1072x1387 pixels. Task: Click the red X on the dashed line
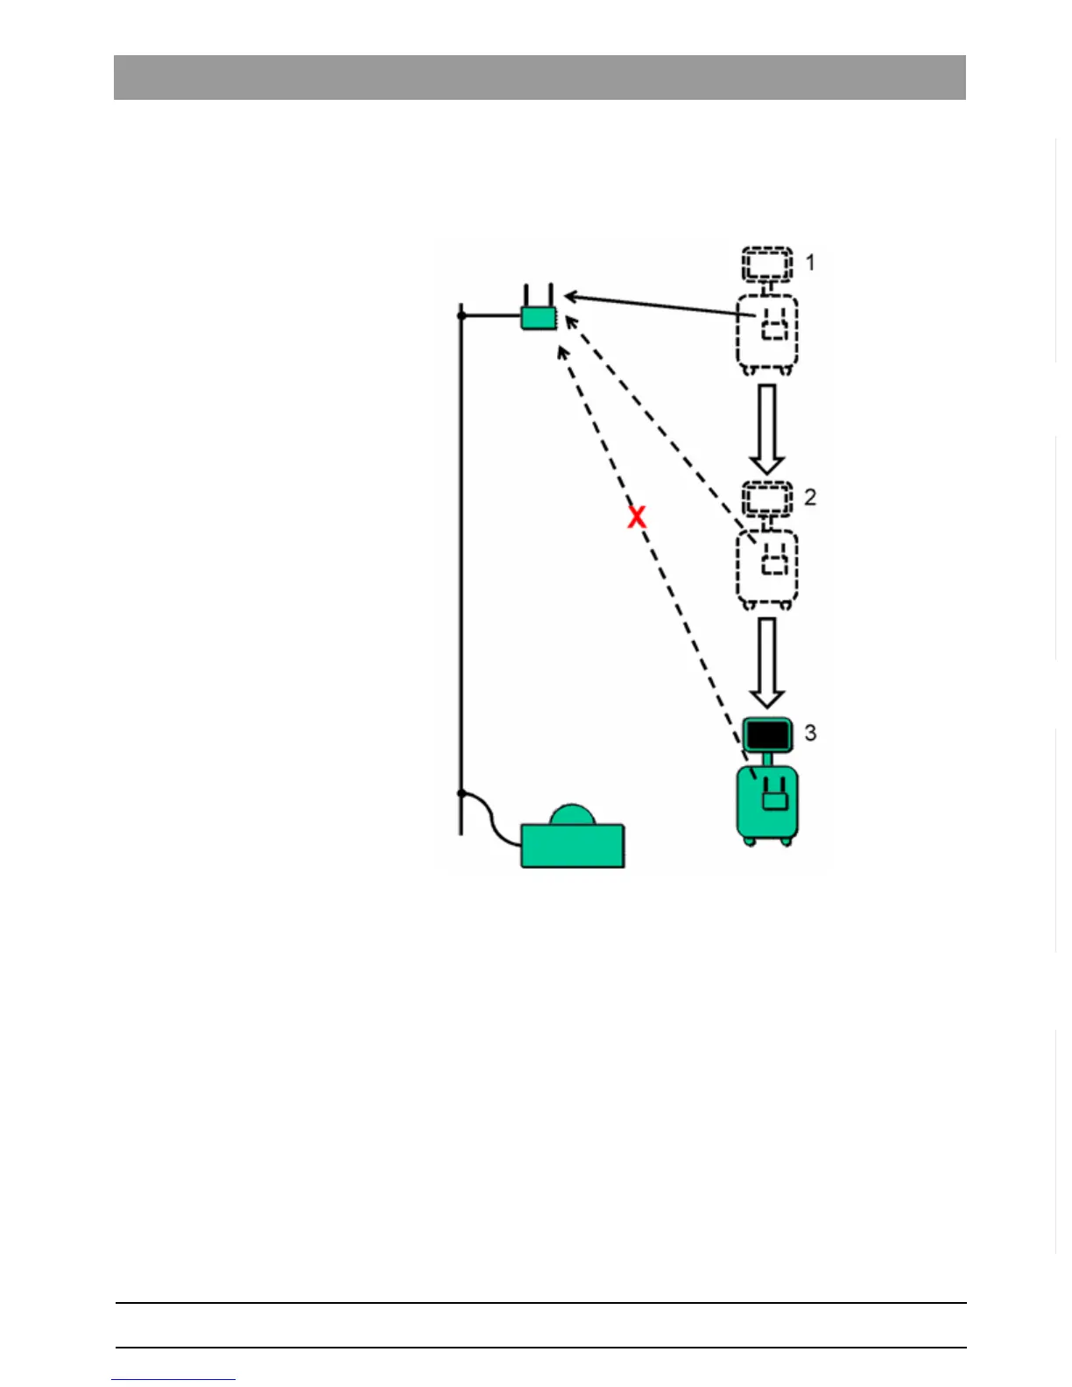tap(637, 517)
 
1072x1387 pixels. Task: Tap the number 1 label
tap(810, 262)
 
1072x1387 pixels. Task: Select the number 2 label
tap(810, 496)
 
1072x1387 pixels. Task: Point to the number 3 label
tap(810, 732)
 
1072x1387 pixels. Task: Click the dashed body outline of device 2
tap(767, 567)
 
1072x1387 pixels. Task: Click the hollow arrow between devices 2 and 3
tap(767, 662)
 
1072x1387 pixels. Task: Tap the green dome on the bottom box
tap(573, 815)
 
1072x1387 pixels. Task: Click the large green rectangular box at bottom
tap(573, 846)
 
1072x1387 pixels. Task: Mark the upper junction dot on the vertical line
tap(462, 315)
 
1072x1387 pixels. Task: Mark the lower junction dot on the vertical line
tap(462, 793)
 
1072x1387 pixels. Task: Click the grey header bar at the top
tap(540, 77)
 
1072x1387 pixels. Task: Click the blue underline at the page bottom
tap(173, 1380)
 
